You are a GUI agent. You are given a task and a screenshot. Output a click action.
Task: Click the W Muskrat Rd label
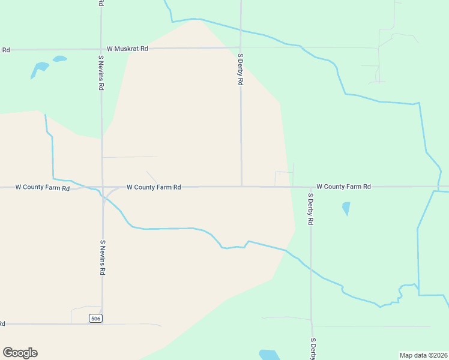tap(127, 48)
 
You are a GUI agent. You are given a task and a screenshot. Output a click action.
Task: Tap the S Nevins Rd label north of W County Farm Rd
tap(101, 72)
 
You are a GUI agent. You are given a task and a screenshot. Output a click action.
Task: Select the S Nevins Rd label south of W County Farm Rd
tap(103, 257)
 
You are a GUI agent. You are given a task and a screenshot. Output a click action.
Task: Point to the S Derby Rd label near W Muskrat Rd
tap(240, 69)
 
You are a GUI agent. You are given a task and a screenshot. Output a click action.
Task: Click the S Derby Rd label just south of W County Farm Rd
tap(311, 209)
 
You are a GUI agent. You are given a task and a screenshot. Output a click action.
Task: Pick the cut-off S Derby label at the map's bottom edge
tap(313, 349)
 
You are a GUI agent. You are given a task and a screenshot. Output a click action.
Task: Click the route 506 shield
tap(95, 318)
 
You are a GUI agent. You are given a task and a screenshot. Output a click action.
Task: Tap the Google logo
tap(20, 353)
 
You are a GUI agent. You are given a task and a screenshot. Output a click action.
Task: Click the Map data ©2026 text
tap(423, 355)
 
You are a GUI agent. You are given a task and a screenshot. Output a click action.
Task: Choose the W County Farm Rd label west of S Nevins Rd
tap(42, 188)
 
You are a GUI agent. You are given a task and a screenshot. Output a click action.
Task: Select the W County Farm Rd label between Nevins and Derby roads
tap(154, 187)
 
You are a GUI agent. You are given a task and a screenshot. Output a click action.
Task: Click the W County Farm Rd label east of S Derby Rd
tap(343, 187)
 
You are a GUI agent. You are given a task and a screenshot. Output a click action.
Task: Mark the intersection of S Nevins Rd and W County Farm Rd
tap(102, 187)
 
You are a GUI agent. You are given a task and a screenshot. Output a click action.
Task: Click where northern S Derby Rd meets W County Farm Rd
tap(241, 187)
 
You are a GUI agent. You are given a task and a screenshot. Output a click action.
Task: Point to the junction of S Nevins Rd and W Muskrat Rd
tap(101, 49)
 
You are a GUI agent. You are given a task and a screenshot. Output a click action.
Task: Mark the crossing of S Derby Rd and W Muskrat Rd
tap(241, 48)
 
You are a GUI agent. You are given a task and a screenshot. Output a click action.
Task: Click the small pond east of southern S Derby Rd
tap(346, 209)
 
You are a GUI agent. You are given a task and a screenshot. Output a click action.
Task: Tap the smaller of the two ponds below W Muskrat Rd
tap(59, 59)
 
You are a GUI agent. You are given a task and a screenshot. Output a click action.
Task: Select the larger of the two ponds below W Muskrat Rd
tap(39, 68)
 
